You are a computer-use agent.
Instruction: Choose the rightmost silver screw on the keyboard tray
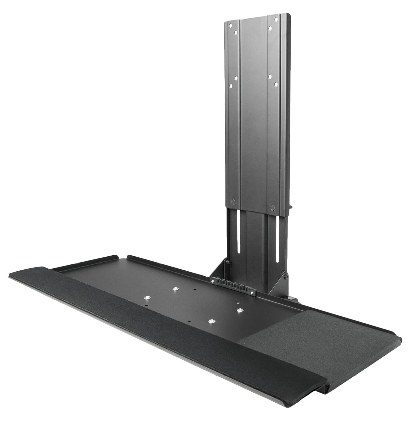239,310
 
